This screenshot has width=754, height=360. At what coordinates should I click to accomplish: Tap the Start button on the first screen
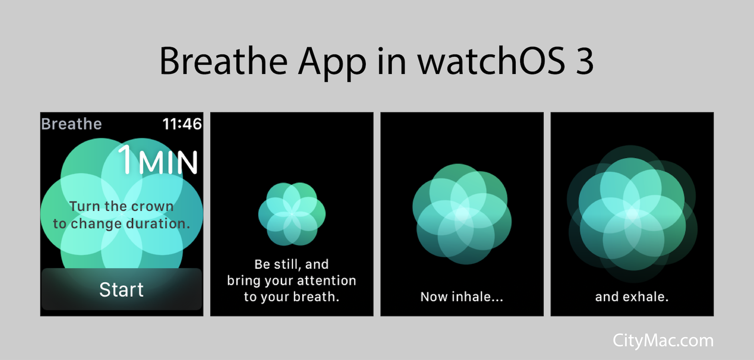coord(122,289)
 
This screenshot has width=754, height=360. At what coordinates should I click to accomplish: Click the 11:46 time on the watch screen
coord(182,124)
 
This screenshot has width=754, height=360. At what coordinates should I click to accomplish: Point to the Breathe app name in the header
coord(72,124)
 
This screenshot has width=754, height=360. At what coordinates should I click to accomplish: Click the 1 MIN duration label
coord(158,160)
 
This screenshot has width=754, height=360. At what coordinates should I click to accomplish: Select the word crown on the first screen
coord(152,206)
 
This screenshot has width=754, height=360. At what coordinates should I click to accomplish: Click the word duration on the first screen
coord(158,223)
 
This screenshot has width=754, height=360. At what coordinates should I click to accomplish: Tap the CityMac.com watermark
coord(663,341)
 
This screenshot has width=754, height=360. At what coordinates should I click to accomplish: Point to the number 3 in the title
coord(584,61)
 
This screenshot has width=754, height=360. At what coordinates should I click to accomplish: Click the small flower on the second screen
coord(292,214)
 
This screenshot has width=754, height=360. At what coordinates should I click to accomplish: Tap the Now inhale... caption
coord(462,297)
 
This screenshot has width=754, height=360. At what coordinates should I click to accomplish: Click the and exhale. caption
coord(632,297)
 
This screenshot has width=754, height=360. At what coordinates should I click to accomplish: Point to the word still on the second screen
coord(288,264)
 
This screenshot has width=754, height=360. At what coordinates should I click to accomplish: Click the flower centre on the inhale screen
coord(463,214)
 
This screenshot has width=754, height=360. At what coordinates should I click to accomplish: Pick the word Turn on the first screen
coord(85,206)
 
